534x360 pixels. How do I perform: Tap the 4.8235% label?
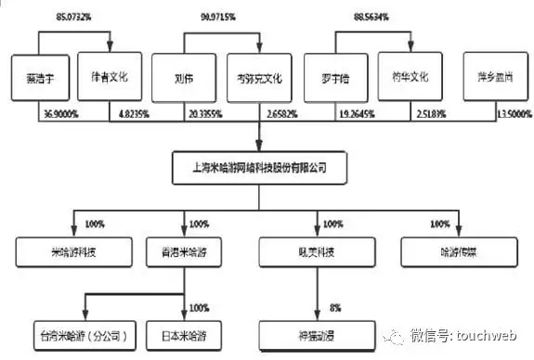coord(131,114)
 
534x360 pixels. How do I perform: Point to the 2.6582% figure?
coord(280,114)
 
